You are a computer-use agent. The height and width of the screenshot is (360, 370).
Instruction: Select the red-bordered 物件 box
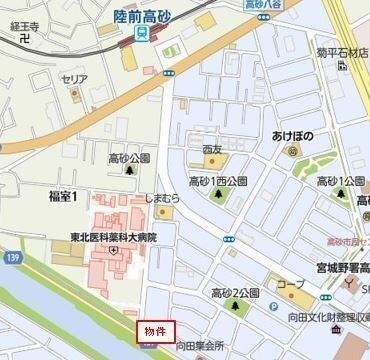tap(156, 330)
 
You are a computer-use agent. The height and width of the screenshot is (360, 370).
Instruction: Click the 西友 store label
tap(213, 149)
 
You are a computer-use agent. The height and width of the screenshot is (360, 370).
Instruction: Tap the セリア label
tap(74, 79)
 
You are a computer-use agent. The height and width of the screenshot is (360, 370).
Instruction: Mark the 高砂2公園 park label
tap(234, 292)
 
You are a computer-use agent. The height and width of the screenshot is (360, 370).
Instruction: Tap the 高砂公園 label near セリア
tap(129, 158)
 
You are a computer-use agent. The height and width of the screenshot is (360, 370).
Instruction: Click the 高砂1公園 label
tap(340, 181)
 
